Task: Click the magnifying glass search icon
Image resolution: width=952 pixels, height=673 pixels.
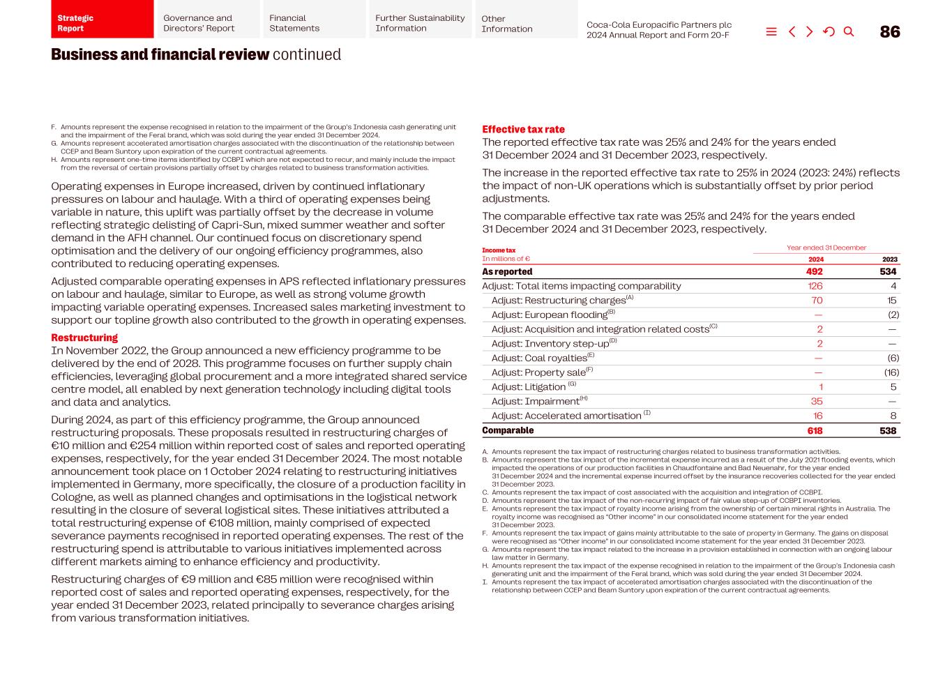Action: (x=849, y=31)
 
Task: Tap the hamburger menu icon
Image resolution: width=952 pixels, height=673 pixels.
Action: (x=771, y=31)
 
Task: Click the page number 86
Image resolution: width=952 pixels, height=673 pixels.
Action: (x=889, y=32)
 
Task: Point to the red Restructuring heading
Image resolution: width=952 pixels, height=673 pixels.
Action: (x=84, y=338)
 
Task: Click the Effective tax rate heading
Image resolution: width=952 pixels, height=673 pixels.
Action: (x=523, y=130)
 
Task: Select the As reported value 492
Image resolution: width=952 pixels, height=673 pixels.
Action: (x=814, y=272)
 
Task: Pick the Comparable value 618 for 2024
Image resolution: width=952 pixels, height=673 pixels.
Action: (x=814, y=431)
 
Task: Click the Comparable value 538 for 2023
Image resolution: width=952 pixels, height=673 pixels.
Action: (x=887, y=431)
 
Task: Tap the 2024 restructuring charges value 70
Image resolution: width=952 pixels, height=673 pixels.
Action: (x=816, y=301)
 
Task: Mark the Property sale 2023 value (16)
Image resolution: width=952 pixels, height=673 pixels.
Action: (x=891, y=373)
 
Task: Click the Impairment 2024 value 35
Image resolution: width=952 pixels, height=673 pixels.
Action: (x=816, y=402)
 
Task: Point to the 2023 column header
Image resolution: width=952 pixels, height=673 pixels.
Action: (x=889, y=259)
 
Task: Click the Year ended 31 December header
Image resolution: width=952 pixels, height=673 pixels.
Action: (x=826, y=248)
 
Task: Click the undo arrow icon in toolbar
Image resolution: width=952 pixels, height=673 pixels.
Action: (x=829, y=31)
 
